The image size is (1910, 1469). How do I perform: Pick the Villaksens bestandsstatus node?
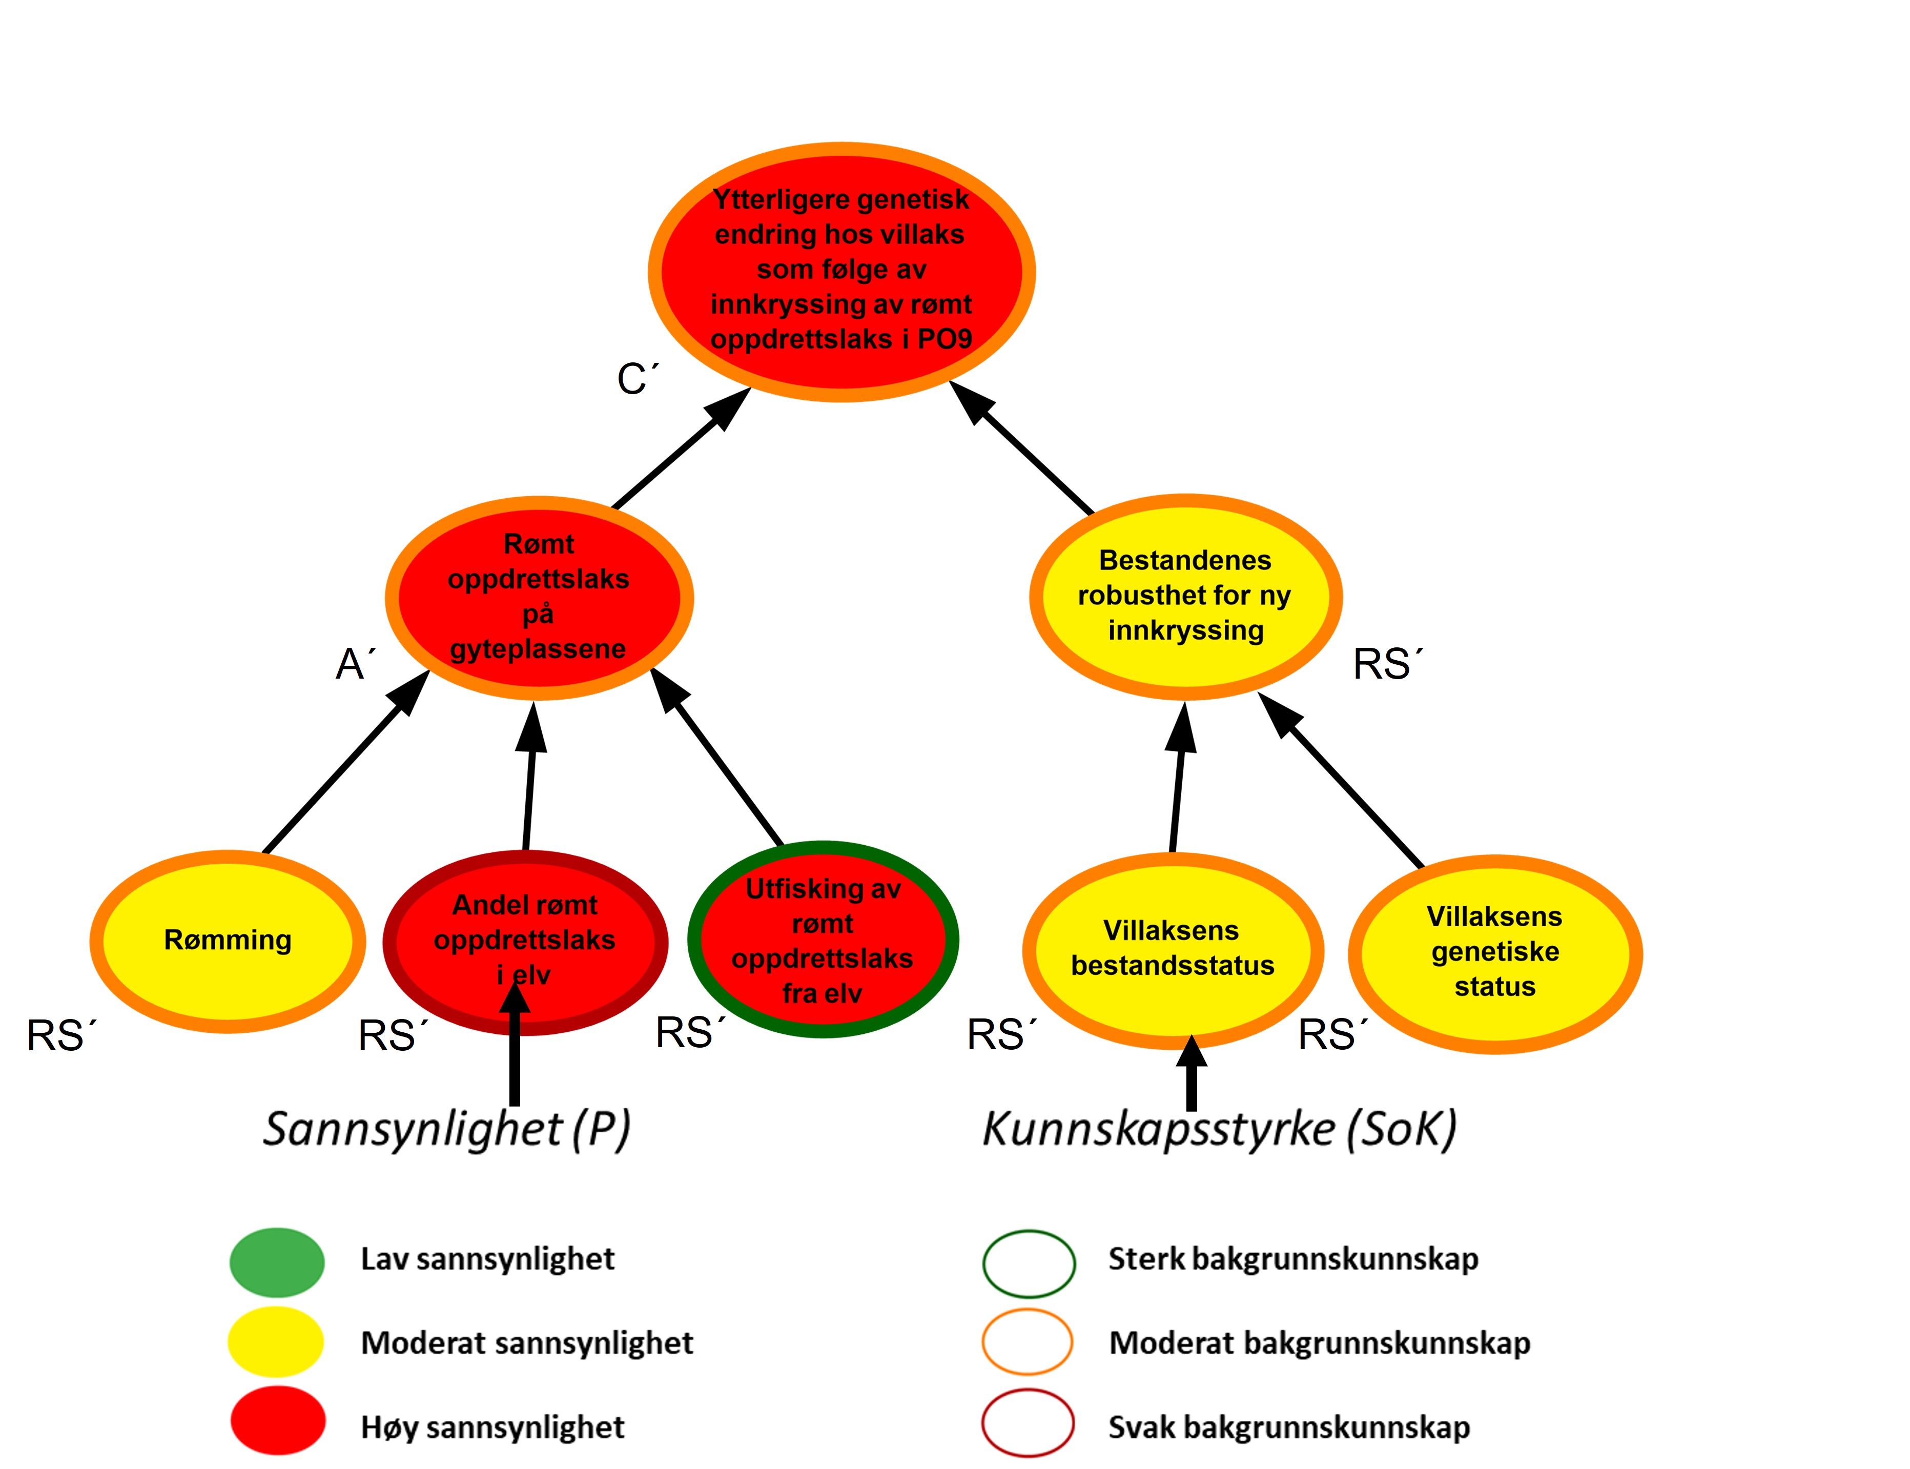(x=1172, y=949)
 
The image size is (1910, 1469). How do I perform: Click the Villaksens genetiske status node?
(x=1495, y=952)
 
